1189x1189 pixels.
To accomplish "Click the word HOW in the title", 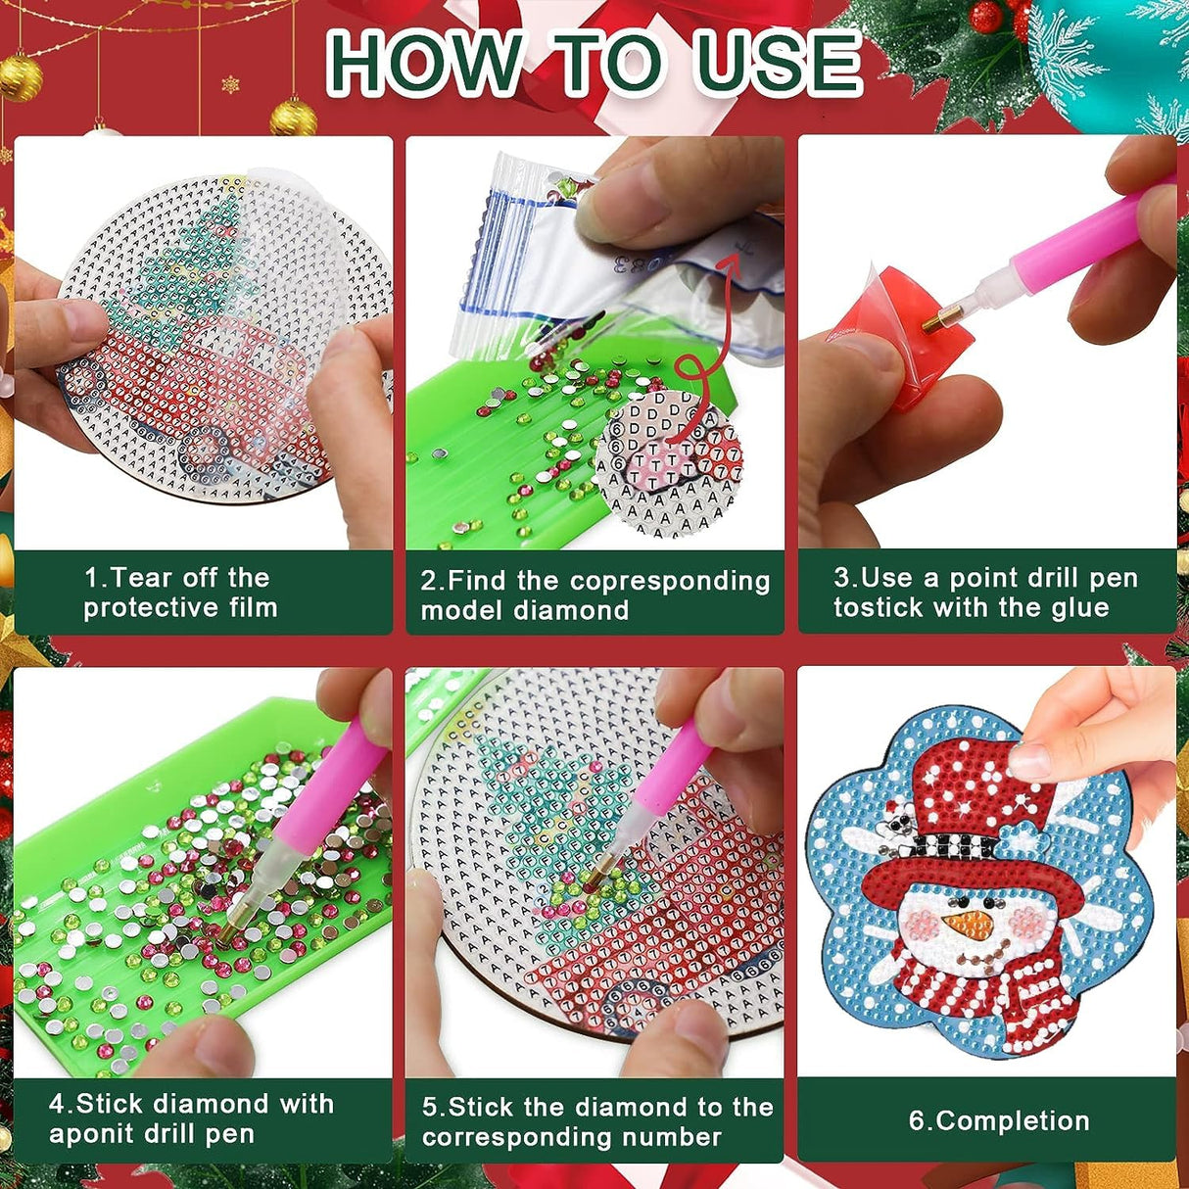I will pos(423,63).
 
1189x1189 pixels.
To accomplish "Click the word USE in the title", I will pos(779,63).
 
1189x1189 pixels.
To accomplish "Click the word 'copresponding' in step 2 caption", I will pos(670,581).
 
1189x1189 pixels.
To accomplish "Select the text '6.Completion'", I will pos(998,1121).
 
